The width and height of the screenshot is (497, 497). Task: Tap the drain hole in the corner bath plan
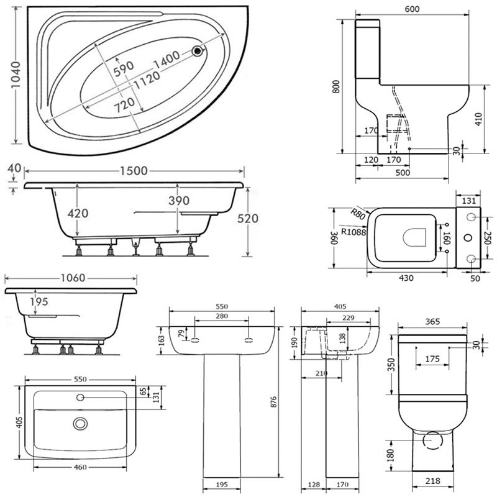(x=198, y=52)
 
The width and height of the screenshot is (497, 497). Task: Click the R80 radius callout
(x=357, y=214)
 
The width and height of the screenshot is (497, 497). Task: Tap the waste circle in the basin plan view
(x=80, y=424)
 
